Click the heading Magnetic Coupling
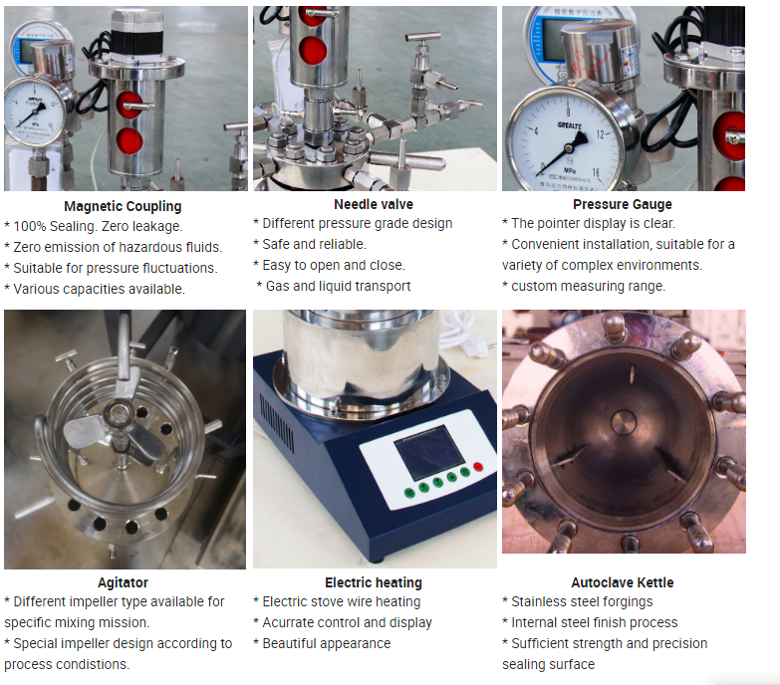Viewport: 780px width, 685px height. (123, 206)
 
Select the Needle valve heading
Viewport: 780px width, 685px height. (374, 204)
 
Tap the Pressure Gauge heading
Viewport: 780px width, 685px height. (623, 204)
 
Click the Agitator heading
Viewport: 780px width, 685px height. (123, 582)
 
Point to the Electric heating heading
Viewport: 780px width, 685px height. (374, 582)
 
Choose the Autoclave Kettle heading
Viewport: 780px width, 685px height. (623, 582)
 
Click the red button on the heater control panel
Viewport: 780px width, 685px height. (478, 466)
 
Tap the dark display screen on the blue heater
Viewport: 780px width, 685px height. (428, 452)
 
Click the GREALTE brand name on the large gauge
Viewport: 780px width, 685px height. (570, 125)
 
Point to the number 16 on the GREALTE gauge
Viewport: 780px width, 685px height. (596, 173)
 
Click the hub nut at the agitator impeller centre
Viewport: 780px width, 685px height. (119, 413)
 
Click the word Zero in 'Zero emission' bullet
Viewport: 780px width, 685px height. (26, 247)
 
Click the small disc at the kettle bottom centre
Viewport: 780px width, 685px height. (624, 423)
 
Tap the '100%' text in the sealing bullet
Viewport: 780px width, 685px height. (29, 226)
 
